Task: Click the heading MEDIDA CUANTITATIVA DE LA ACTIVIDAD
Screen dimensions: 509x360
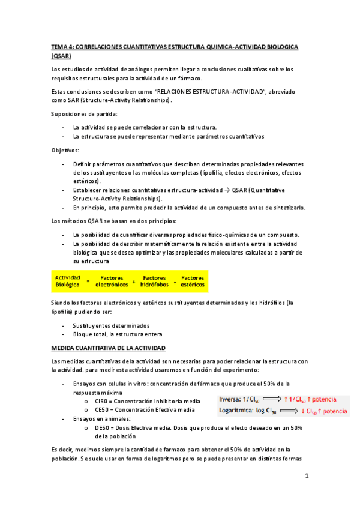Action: pyautogui.click(x=109, y=348)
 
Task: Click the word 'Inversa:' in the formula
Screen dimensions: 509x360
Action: pyautogui.click(x=230, y=399)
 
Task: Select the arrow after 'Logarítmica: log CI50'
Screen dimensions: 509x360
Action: pyautogui.click(x=290, y=411)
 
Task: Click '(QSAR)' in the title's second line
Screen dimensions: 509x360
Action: pyautogui.click(x=61, y=56)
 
